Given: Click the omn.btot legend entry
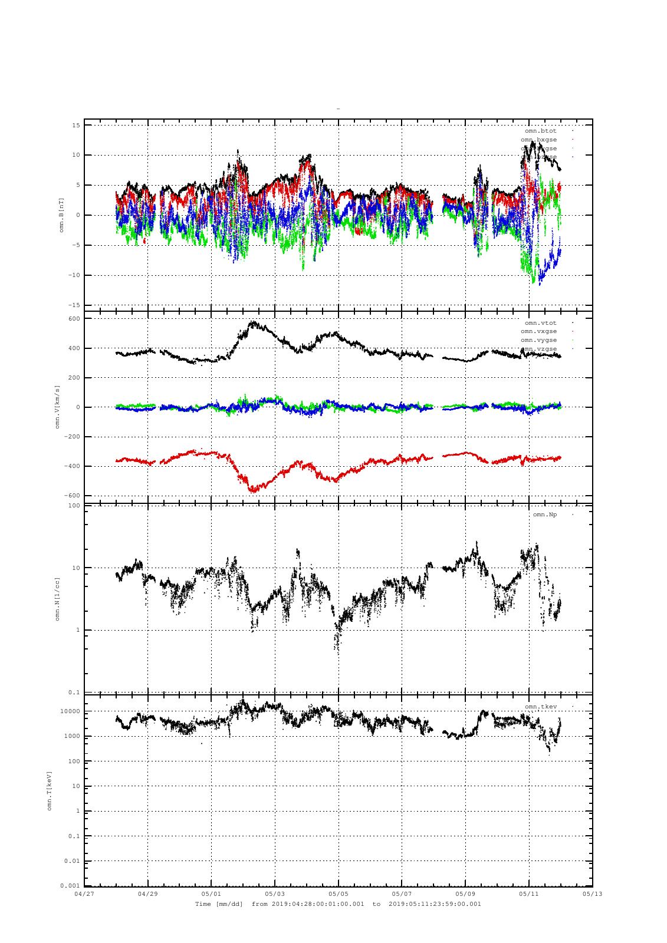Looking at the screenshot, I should tap(540, 131).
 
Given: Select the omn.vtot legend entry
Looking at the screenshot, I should tap(540, 323).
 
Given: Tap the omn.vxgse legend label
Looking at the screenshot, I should tap(538, 332).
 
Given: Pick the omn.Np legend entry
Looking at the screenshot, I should tap(544, 515).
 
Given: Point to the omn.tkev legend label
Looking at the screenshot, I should tap(540, 707).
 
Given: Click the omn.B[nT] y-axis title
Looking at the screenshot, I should tap(61, 215).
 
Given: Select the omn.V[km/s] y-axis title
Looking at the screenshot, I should tap(58, 407).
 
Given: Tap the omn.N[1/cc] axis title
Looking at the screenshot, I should tap(58, 599).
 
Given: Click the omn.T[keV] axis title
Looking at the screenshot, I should tap(50, 790).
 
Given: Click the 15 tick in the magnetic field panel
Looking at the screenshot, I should tap(76, 126).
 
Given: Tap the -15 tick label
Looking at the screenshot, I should tap(74, 305).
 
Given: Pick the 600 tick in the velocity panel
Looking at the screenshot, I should tap(74, 319).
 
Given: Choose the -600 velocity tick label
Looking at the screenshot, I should tap(72, 496).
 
